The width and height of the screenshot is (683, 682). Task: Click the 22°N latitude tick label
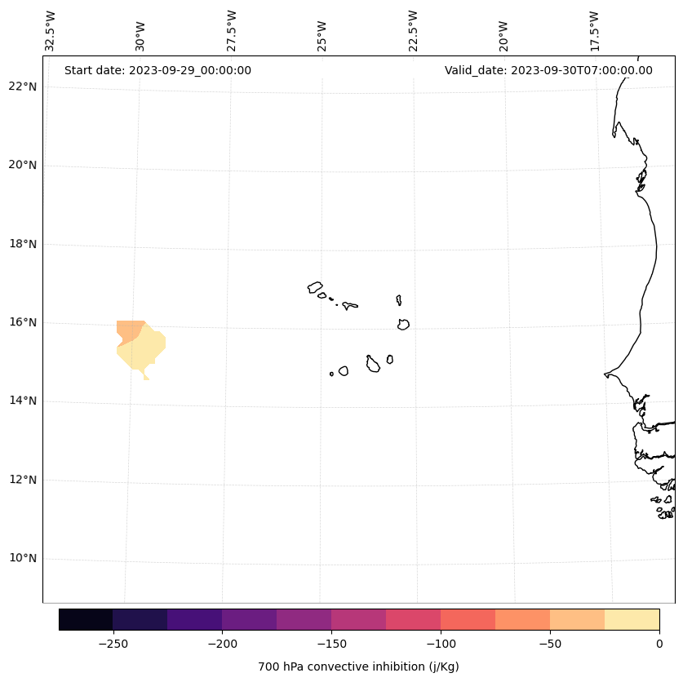coord(23,86)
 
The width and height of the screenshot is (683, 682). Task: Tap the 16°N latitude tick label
coord(23,322)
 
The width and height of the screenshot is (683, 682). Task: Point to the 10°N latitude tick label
coord(23,558)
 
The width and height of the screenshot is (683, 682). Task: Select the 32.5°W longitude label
coord(51,31)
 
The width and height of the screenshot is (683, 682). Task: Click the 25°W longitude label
coord(322,36)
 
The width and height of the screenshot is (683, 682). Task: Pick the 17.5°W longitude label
coord(594,31)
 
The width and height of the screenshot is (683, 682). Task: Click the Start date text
coord(157,70)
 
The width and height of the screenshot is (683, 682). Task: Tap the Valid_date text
coord(548,70)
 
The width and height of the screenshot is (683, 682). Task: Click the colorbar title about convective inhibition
coord(358,666)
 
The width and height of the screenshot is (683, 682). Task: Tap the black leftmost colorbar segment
coord(86,619)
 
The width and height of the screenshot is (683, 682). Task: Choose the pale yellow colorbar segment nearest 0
coord(632,619)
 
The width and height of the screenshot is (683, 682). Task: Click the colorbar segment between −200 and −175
coord(249,619)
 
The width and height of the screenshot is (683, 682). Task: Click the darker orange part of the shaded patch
coord(127,330)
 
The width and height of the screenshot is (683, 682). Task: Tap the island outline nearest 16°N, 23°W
coord(403,325)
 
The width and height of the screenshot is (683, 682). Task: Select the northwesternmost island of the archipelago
coord(315,287)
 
